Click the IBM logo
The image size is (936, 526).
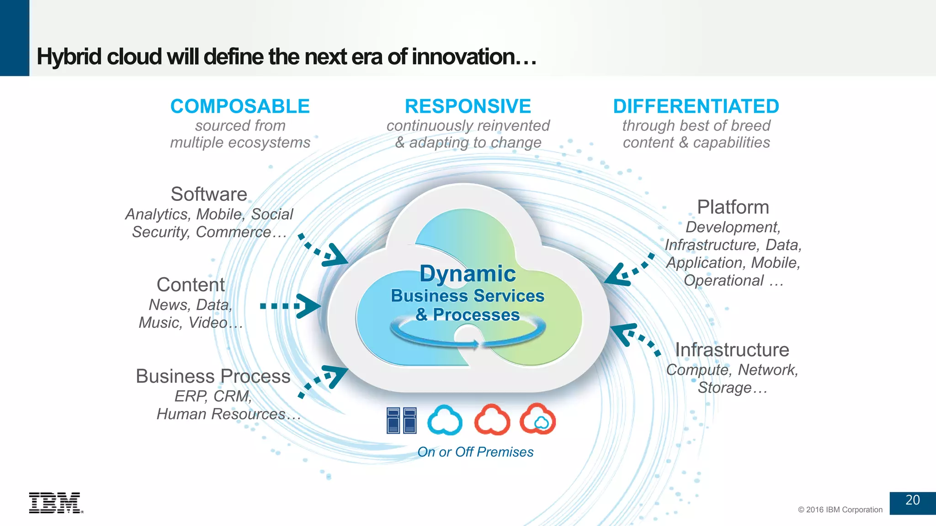[55, 503]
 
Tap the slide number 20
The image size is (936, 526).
[912, 500]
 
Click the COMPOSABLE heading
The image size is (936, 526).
[240, 106]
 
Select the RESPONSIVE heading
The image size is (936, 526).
[468, 106]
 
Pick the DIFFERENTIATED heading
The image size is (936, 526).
[696, 106]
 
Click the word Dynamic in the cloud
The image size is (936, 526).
[468, 274]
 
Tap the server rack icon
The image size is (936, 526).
[401, 420]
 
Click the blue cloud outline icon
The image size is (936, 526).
[445, 420]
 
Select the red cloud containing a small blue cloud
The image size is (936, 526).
[537, 419]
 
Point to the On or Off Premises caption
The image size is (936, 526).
[475, 452]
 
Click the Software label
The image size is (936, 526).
[209, 195]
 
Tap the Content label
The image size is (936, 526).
[191, 285]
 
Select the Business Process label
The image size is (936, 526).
[213, 377]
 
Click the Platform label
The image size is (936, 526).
[733, 207]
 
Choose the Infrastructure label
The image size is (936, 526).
[732, 350]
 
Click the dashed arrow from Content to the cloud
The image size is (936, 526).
[289, 306]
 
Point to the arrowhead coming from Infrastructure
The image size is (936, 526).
[622, 332]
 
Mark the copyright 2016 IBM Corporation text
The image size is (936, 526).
[840, 510]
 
